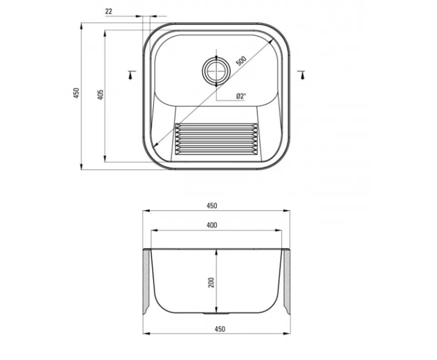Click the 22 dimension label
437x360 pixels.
tap(109, 11)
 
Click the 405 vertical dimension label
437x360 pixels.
tap(101, 95)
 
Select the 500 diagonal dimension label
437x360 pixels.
tap(241, 61)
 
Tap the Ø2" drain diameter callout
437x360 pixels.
tap(241, 96)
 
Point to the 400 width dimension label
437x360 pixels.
tap(212, 225)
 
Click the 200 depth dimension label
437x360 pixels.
tap(211, 283)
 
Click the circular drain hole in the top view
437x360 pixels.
tap(216, 71)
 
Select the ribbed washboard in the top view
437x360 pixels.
tap(216, 139)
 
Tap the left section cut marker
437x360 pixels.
tap(132, 75)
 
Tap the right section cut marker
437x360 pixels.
tap(301, 75)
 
